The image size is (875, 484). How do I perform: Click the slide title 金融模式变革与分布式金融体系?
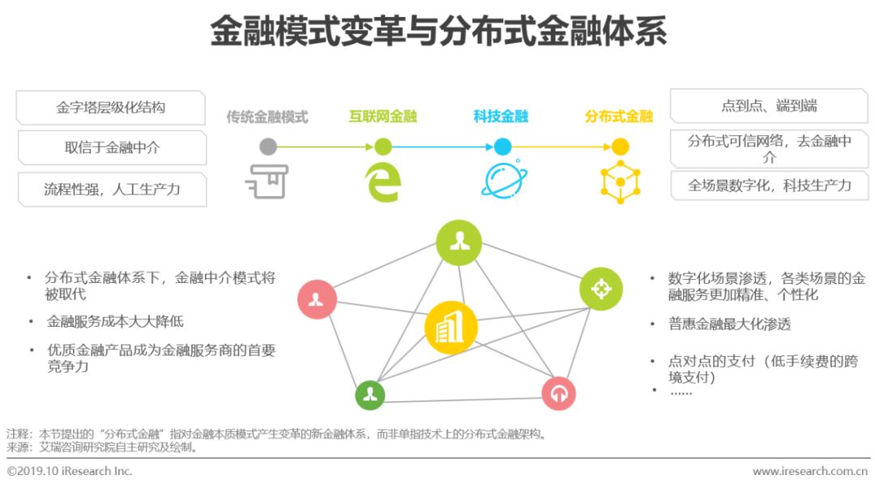click(x=437, y=33)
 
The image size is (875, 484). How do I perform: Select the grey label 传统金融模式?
click(x=267, y=117)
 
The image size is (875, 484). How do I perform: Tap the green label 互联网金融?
click(x=382, y=117)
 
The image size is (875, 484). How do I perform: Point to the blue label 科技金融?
click(x=501, y=117)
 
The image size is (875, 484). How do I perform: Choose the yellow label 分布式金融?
click(x=618, y=117)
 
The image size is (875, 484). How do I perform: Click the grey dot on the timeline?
click(x=268, y=147)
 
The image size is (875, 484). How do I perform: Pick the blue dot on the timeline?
click(x=502, y=147)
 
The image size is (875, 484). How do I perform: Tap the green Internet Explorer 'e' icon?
click(x=383, y=182)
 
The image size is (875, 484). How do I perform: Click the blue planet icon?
click(x=502, y=181)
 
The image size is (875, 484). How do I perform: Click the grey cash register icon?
click(x=267, y=181)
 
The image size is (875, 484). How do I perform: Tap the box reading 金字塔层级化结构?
click(x=111, y=107)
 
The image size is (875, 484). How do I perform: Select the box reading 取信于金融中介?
click(x=112, y=148)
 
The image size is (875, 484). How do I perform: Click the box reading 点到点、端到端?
click(x=769, y=105)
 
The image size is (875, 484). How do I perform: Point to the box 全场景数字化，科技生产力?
click(x=769, y=186)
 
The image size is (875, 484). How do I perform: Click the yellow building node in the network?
click(x=450, y=328)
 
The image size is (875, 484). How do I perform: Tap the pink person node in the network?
click(x=316, y=299)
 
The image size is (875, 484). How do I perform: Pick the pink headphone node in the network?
click(x=558, y=394)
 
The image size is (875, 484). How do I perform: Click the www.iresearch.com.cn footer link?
click(x=810, y=471)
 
